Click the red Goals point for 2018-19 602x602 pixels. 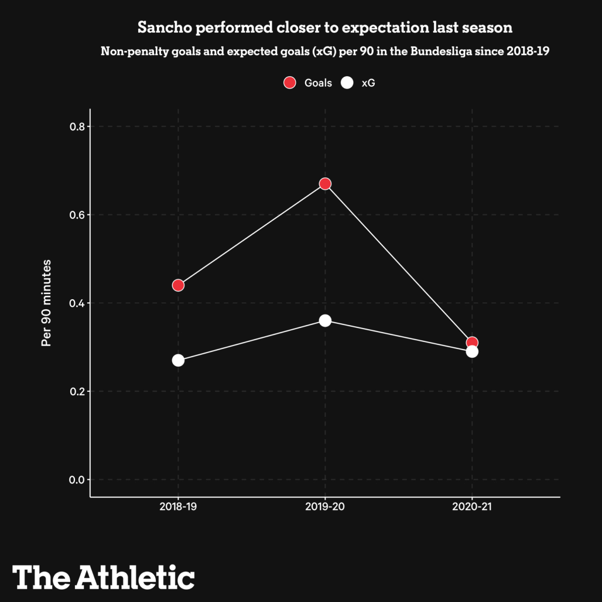click(x=178, y=285)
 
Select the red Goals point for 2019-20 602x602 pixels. click(x=325, y=184)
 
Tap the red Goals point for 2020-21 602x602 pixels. click(x=472, y=343)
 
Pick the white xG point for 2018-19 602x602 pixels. click(x=178, y=360)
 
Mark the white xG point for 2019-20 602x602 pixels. click(x=325, y=320)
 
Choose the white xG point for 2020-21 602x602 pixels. click(x=472, y=351)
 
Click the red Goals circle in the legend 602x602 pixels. click(x=289, y=83)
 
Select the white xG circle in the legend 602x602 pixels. click(x=347, y=83)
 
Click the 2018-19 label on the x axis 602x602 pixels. click(x=178, y=507)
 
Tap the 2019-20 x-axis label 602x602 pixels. click(x=325, y=507)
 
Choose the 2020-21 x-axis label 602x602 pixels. click(x=472, y=507)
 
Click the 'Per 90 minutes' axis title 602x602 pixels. click(x=46, y=303)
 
